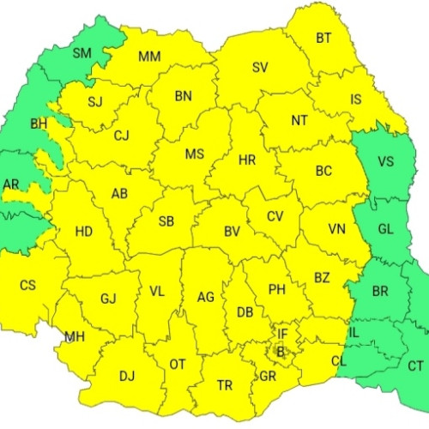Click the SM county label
point(82,53)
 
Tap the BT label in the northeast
point(323,38)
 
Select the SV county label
point(260,68)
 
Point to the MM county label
point(149,57)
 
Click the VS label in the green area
point(386,160)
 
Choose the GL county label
point(386,229)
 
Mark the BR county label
point(380,292)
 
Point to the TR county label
point(225,386)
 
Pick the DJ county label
point(127,375)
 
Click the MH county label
point(75,336)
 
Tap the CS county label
point(27,285)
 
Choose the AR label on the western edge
point(11,184)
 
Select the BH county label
point(39,124)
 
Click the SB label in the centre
point(166,221)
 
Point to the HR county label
point(247,160)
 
